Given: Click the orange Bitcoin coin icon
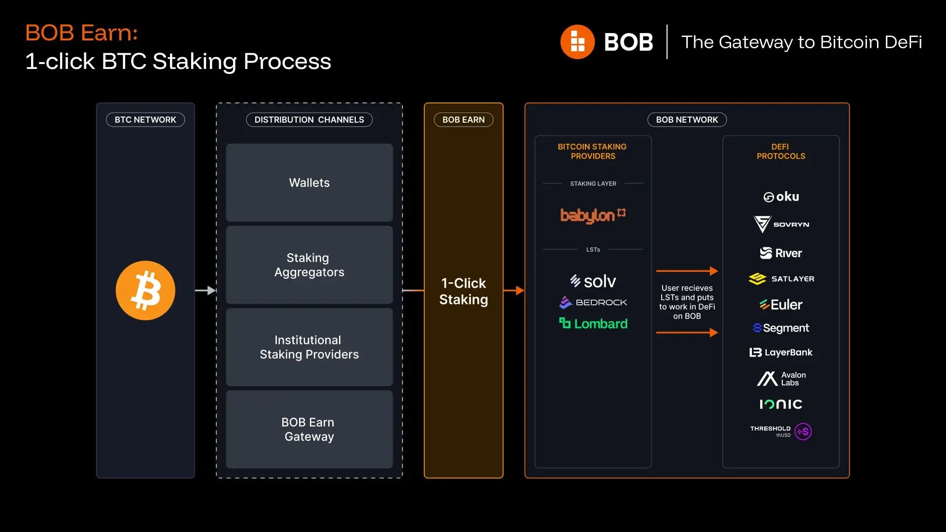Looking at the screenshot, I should [145, 291].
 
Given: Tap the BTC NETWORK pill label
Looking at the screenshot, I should [145, 120].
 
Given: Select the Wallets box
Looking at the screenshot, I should [309, 183].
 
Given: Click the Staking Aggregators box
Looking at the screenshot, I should [309, 265].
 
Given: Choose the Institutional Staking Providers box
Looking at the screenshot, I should [309, 347].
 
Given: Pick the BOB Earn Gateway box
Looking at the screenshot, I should [309, 430].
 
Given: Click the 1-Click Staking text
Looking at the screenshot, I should [463, 291].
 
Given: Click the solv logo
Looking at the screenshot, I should [593, 281].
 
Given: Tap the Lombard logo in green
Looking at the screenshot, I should [593, 324].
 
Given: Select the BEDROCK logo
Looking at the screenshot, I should [593, 302].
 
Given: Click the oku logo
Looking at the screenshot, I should [781, 197].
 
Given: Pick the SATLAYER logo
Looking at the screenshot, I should [781, 279].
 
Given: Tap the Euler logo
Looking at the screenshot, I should [781, 304].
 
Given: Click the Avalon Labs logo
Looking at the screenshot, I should [781, 378].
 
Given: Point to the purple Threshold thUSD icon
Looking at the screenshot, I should [803, 432].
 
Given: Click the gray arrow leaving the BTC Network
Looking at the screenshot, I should [205, 291].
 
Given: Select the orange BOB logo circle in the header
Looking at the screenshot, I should [577, 42].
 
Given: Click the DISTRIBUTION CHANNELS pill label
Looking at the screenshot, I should [309, 120].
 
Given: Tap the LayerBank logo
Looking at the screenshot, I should [781, 352].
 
